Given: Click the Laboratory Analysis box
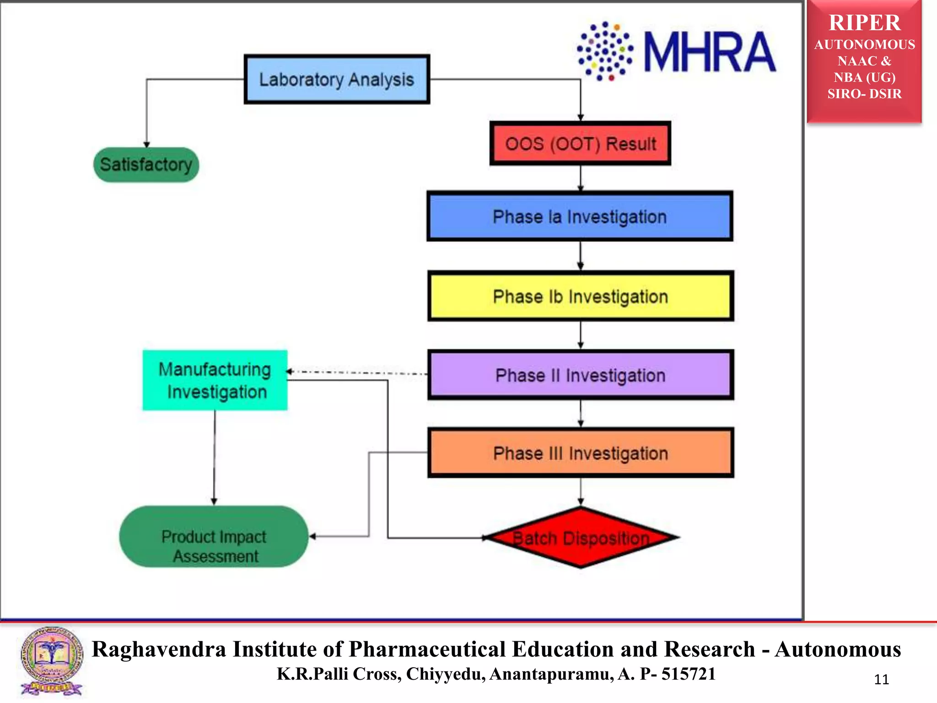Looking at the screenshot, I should [x=337, y=79].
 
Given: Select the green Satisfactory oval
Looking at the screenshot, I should [x=146, y=165].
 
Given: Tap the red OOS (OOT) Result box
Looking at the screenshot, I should [x=580, y=144].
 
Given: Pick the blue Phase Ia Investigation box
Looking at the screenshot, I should [x=580, y=216].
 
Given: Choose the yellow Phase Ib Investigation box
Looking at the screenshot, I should [x=581, y=297].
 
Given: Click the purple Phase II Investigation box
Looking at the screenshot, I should [x=581, y=375].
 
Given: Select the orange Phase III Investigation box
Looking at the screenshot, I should [x=581, y=453].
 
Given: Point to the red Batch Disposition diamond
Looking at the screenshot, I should [x=581, y=538].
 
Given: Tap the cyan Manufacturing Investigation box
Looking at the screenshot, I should [x=215, y=380].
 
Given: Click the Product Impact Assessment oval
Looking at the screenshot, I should [x=214, y=537].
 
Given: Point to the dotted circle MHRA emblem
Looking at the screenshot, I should [x=605, y=51].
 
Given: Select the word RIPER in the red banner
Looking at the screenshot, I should [x=864, y=23].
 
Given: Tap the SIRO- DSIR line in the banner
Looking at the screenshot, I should [x=864, y=94].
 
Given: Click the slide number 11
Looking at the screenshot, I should [x=881, y=680].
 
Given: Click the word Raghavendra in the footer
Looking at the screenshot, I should [x=159, y=649].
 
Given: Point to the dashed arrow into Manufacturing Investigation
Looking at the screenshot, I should [x=357, y=373].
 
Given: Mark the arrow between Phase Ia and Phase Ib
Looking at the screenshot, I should [x=581, y=255].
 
